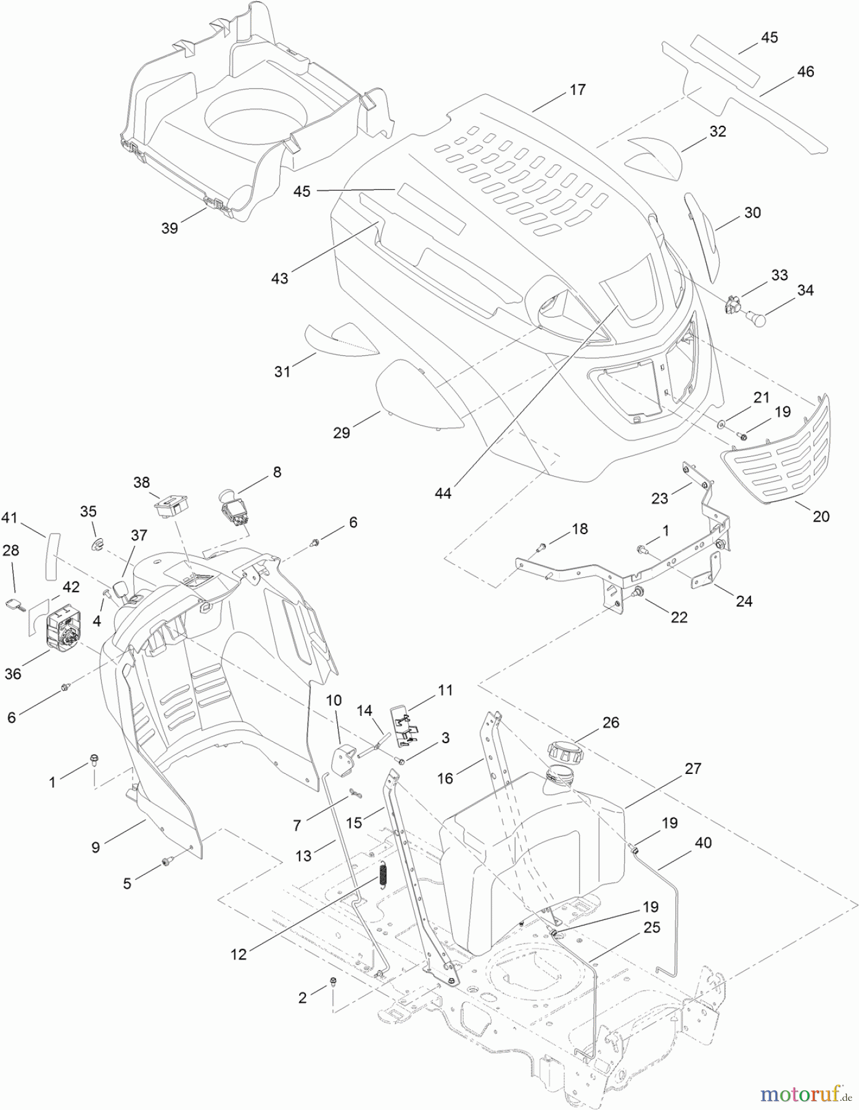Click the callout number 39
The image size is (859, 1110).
tap(170, 228)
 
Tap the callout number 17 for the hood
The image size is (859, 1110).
tap(577, 90)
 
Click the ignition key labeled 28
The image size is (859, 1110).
tap(15, 606)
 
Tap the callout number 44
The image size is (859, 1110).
tap(443, 493)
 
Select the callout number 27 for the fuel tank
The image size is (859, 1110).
tap(693, 769)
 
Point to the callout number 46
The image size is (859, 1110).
tap(805, 72)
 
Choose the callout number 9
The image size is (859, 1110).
tap(95, 847)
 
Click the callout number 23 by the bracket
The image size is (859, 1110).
tap(660, 498)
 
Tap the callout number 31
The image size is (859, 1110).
tap(282, 372)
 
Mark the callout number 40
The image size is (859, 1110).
tap(703, 843)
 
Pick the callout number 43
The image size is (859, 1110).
tap(279, 278)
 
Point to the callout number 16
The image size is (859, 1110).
tap(445, 779)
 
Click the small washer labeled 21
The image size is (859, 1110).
tap(721, 424)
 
